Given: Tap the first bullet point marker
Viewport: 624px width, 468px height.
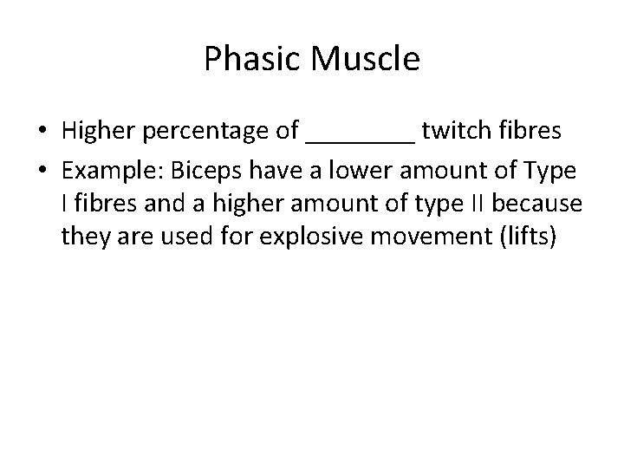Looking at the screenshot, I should click(x=42, y=132).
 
